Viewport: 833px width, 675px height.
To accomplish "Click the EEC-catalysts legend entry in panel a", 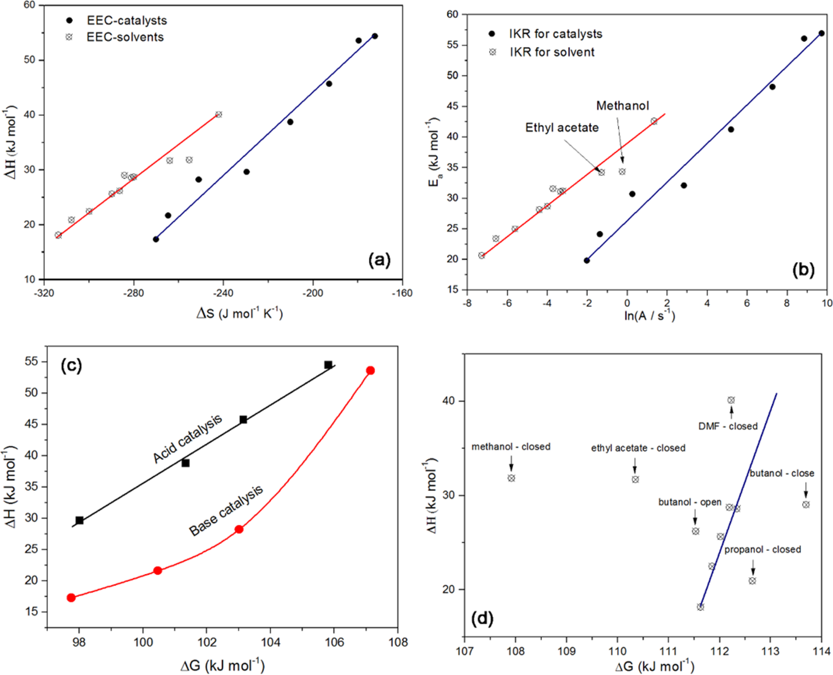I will click(x=126, y=21).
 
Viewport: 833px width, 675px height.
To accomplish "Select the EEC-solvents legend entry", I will click(x=125, y=38).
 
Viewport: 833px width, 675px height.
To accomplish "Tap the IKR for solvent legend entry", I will click(x=552, y=52).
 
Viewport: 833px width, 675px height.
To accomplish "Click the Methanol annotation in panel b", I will click(x=622, y=106).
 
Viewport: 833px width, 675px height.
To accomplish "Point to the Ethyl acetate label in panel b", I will click(x=561, y=128).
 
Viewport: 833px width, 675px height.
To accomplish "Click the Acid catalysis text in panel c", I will click(x=187, y=439).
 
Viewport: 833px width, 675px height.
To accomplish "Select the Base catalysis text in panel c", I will click(x=226, y=510).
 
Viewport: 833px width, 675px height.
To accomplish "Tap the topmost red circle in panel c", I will click(x=371, y=371).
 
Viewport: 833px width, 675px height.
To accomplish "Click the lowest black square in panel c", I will click(x=80, y=520).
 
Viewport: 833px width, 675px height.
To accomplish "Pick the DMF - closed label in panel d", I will click(x=728, y=427).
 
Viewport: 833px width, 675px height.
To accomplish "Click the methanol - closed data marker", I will click(x=511, y=478).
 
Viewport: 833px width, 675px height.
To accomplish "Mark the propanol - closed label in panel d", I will click(x=762, y=550).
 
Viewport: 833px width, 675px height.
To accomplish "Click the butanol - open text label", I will click(x=690, y=502).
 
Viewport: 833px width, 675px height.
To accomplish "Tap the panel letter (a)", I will click(x=379, y=260).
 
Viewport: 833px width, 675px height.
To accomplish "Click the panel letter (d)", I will click(x=482, y=618).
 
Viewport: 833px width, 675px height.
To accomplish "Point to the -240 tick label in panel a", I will click(x=223, y=293).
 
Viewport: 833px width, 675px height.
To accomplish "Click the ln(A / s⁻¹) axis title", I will click(x=649, y=316).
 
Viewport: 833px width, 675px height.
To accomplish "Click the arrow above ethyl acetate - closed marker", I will click(x=635, y=465).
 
